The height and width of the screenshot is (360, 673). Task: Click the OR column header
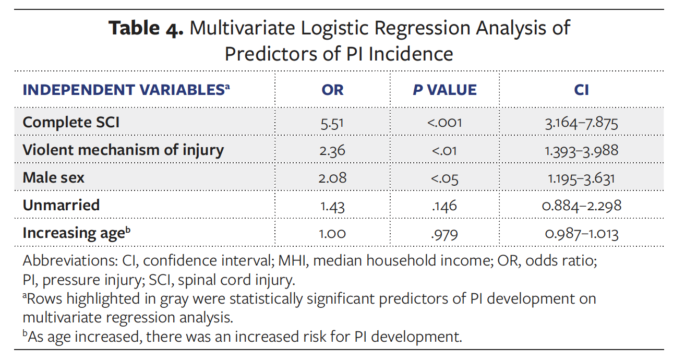(332, 90)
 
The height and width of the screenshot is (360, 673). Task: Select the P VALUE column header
(444, 90)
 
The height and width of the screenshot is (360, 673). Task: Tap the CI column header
(581, 90)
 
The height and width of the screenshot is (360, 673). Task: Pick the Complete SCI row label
(71, 123)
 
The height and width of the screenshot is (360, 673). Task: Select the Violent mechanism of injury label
(123, 150)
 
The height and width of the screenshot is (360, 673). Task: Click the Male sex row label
(53, 178)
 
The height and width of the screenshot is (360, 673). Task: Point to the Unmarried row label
(61, 205)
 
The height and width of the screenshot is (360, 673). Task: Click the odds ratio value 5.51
(332, 123)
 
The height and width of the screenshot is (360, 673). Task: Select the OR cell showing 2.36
(332, 151)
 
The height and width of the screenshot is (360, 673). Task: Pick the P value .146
(444, 206)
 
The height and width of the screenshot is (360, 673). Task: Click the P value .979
(444, 234)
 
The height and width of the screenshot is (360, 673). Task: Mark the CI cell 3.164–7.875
(581, 123)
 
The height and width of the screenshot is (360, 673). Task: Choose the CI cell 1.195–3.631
(581, 178)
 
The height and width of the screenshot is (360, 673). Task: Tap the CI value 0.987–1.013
(581, 234)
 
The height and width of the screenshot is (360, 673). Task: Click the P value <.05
(444, 178)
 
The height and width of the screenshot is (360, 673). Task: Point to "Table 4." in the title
(146, 28)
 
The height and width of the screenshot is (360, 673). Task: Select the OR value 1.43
(332, 206)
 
